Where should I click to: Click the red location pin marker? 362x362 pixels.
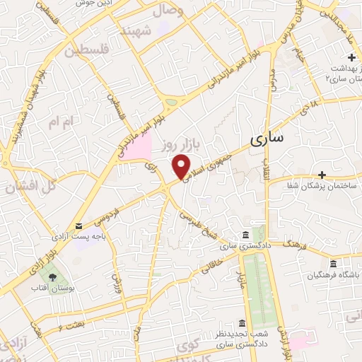click(x=182, y=165)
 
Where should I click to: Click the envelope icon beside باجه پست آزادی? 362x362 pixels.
click(x=78, y=226)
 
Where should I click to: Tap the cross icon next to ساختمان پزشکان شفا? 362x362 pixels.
click(x=322, y=174)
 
